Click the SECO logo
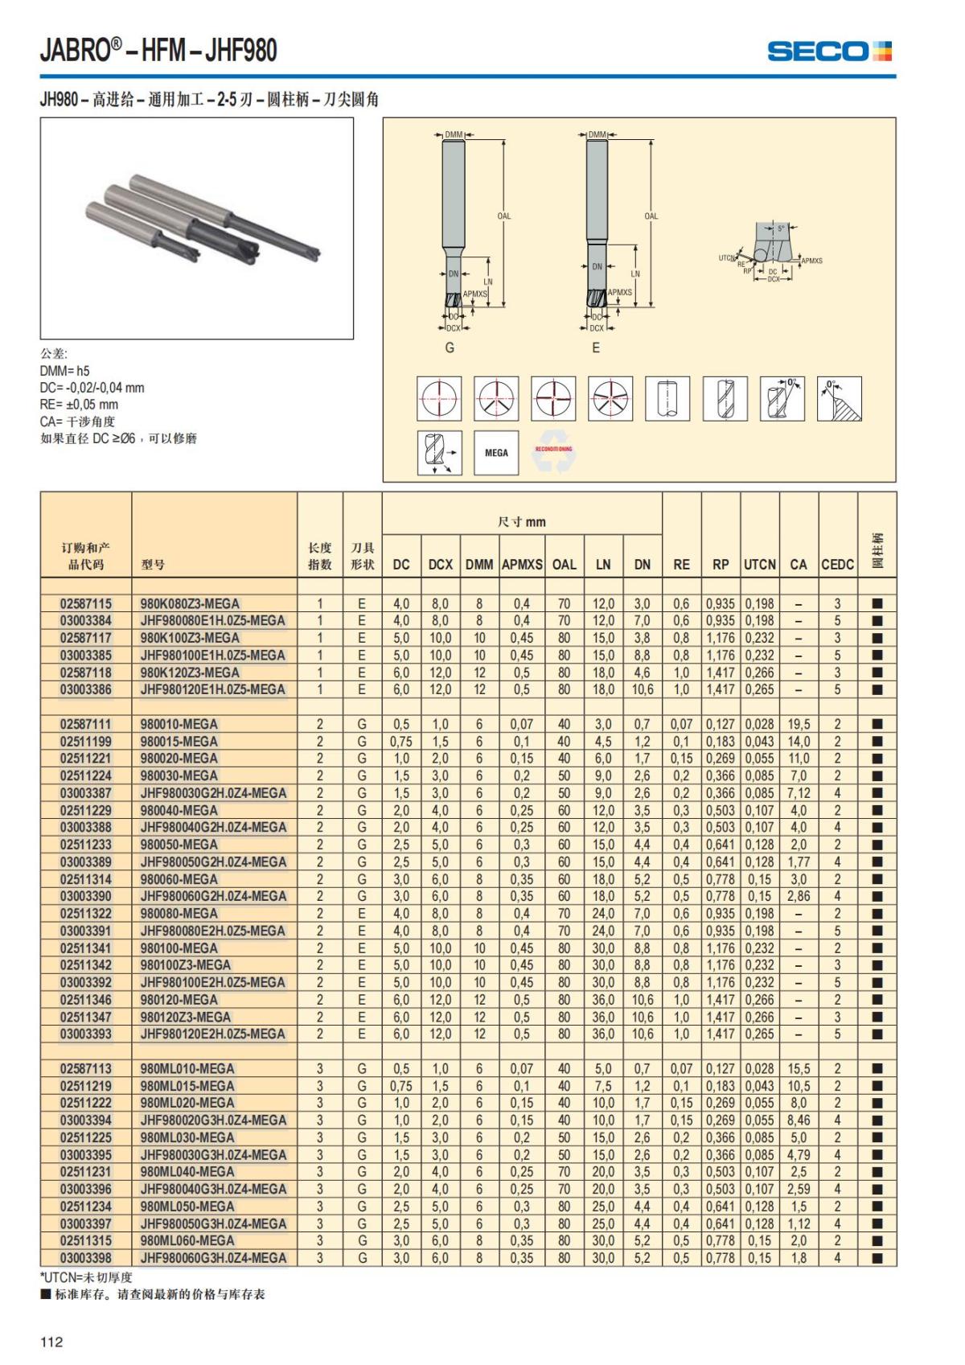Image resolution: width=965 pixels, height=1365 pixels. (829, 51)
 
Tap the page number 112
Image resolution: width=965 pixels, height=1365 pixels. (51, 1342)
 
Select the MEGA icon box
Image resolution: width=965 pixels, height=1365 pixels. (496, 453)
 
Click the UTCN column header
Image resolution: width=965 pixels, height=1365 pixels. (759, 565)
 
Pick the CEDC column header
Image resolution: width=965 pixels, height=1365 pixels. (837, 565)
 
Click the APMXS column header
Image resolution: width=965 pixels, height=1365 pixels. (522, 565)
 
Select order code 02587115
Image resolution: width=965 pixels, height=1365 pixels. (86, 604)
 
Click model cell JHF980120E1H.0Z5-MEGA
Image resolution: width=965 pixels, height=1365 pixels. (212, 689)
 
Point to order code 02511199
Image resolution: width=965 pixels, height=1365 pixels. (86, 742)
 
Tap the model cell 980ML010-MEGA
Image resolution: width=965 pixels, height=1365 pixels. (187, 1069)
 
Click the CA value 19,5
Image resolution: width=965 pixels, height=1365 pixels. (799, 724)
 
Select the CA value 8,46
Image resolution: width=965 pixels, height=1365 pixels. (799, 1120)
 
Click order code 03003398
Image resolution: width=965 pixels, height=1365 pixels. (86, 1258)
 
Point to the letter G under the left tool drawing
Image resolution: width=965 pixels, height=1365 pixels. (450, 347)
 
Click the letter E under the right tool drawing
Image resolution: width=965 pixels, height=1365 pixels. (596, 347)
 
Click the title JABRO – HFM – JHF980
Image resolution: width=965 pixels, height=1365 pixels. (158, 51)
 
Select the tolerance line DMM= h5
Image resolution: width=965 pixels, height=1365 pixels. (65, 371)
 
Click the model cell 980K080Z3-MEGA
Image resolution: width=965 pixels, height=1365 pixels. (190, 604)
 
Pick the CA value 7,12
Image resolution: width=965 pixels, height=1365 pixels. (799, 793)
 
